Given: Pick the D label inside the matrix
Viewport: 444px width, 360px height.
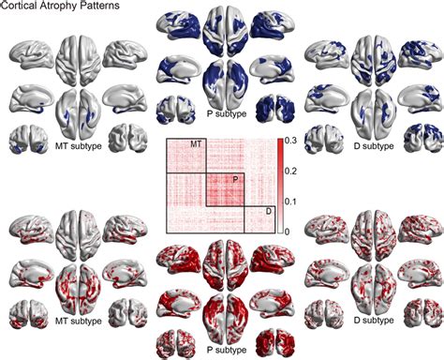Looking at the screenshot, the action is click(x=268, y=212).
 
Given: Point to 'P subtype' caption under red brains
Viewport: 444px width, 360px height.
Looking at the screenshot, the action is click(x=223, y=349).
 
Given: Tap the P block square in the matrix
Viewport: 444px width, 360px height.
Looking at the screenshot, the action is click(x=225, y=190).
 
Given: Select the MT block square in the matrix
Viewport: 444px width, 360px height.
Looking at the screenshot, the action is click(x=185, y=156).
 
